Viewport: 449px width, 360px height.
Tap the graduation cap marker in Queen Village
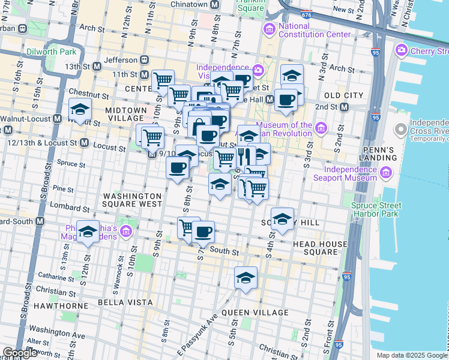point(246,278)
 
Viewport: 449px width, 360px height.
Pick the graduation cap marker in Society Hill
point(282,220)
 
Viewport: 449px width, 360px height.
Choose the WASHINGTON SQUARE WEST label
point(132,200)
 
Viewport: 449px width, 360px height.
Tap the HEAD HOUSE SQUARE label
point(320,248)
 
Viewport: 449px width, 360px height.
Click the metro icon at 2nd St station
point(345,107)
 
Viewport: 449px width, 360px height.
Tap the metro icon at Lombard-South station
point(40,221)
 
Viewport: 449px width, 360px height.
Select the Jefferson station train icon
point(144,60)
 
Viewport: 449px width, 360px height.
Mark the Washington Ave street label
point(57,331)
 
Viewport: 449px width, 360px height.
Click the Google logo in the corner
point(20,353)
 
